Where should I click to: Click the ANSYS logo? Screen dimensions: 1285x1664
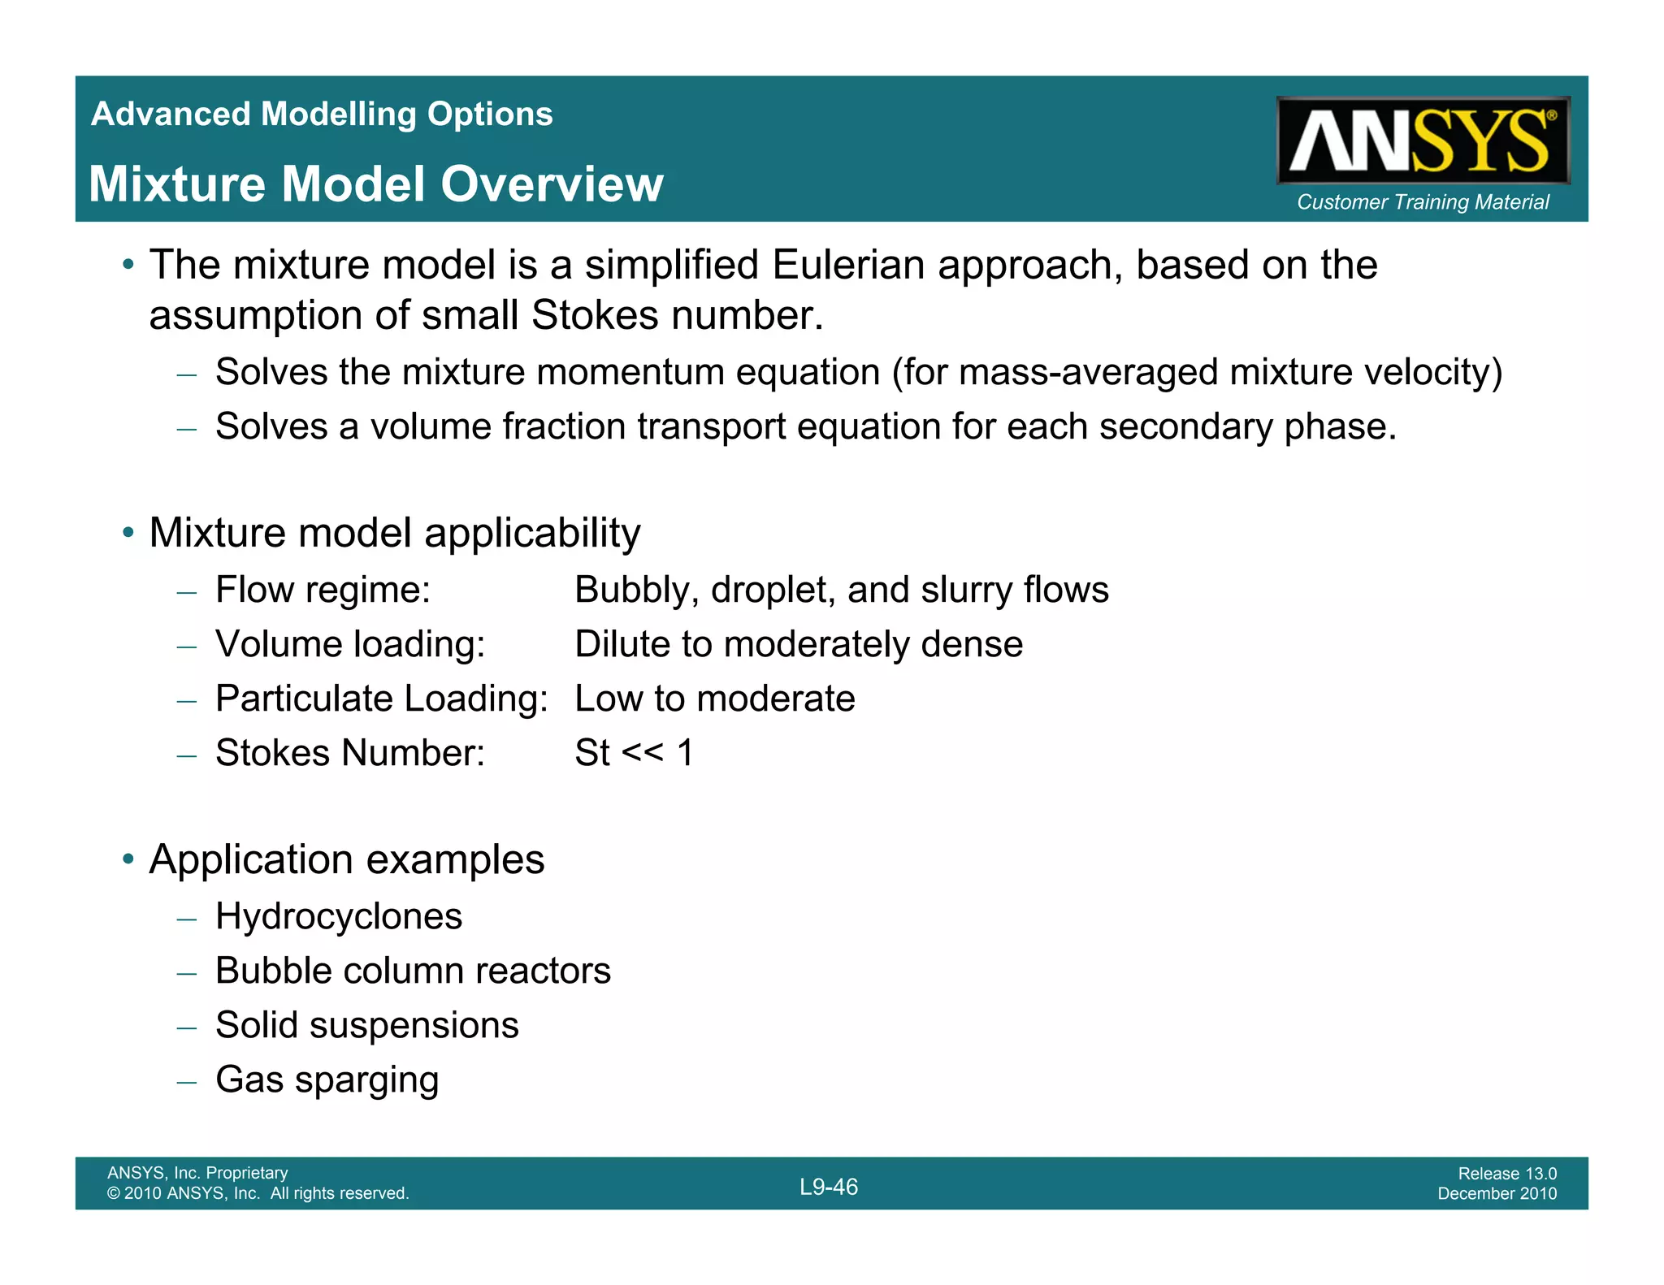pyautogui.click(x=1423, y=141)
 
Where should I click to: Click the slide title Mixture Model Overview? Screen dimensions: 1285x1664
pyautogui.click(x=376, y=184)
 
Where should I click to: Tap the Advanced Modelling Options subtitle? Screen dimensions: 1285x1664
pyautogui.click(x=322, y=115)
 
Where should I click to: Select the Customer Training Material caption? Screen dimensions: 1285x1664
pyautogui.click(x=1423, y=202)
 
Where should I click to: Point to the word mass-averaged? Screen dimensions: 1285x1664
pyautogui.click(x=1088, y=373)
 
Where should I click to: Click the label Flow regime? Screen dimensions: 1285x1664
pyautogui.click(x=323, y=591)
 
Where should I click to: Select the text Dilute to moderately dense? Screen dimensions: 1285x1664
pyautogui.click(x=799, y=645)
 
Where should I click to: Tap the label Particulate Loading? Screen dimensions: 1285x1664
pyautogui.click(x=382, y=699)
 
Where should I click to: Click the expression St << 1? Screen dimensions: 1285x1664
pyautogui.click(x=634, y=753)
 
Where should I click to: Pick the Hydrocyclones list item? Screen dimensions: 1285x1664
pyautogui.click(x=339, y=917)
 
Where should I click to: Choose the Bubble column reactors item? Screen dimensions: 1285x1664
pyautogui.click(x=413, y=971)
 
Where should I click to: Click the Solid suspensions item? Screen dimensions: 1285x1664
pyautogui.click(x=366, y=1026)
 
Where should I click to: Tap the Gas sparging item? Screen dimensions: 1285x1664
pyautogui.click(x=327, y=1080)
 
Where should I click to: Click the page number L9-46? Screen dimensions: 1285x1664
pyautogui.click(x=829, y=1188)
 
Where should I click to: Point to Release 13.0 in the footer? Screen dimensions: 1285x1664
pyautogui.click(x=1507, y=1174)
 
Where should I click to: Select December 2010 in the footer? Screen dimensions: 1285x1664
pyautogui.click(x=1497, y=1194)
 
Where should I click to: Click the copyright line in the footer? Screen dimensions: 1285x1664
pyautogui.click(x=258, y=1194)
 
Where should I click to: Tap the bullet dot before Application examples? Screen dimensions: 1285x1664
pyautogui.click(x=128, y=859)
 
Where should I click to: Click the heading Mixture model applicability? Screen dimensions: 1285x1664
pyautogui.click(x=395, y=534)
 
